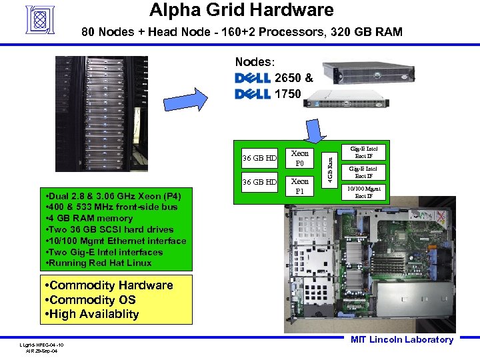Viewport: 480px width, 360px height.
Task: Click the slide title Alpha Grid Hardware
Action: click(241, 10)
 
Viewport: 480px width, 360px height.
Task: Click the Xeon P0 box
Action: click(300, 158)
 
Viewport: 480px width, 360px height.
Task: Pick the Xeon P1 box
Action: click(300, 186)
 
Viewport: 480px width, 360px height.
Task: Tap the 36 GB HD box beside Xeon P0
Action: click(259, 158)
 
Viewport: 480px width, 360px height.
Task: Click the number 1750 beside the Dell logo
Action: click(287, 94)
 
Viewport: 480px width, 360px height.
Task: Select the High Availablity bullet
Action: click(90, 314)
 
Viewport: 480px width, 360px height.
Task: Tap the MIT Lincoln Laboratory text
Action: click(402, 340)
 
